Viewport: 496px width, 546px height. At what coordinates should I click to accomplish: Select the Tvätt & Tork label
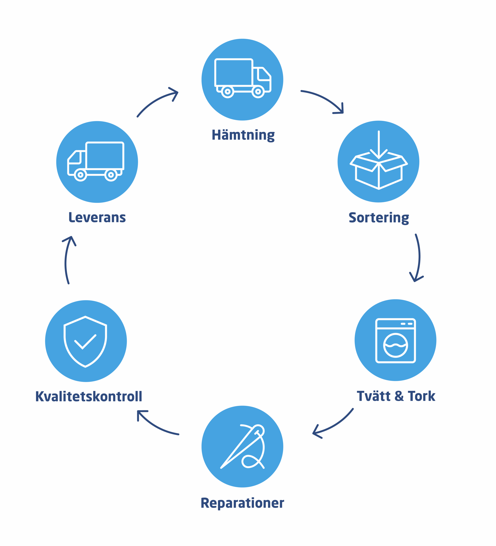(396, 396)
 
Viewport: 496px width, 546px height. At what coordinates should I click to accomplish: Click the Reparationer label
(242, 503)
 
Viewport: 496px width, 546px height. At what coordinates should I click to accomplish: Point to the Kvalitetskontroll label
(89, 396)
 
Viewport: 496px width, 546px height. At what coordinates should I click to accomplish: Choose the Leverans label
(97, 218)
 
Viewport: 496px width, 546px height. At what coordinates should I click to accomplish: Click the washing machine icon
(395, 340)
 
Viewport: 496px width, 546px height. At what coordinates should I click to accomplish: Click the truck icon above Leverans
(96, 162)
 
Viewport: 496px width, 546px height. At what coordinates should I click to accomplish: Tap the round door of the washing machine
(395, 345)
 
